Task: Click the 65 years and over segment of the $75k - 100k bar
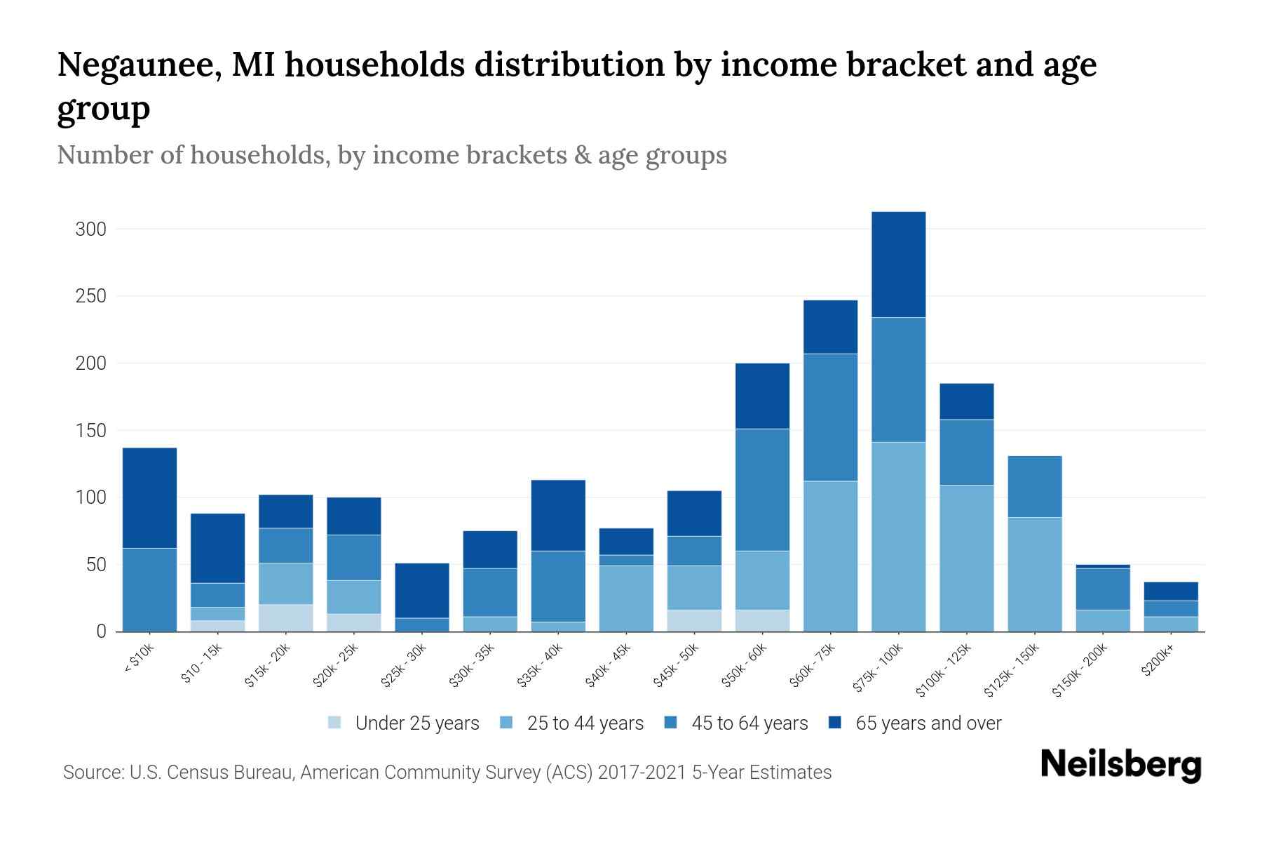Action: click(898, 265)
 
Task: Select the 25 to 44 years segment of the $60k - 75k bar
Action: click(830, 556)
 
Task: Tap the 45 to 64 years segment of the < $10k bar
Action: click(149, 589)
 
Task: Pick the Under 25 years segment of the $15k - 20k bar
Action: click(285, 617)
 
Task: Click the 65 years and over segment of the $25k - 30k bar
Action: click(421, 590)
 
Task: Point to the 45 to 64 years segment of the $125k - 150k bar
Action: click(1034, 486)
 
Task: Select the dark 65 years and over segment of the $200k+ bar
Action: click(1170, 591)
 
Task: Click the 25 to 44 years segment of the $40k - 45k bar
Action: click(626, 599)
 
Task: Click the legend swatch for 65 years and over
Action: click(835, 722)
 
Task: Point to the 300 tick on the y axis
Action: click(91, 229)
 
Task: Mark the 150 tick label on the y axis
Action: click(91, 431)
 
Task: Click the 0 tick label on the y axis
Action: click(101, 632)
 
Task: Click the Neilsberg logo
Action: click(1120, 764)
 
